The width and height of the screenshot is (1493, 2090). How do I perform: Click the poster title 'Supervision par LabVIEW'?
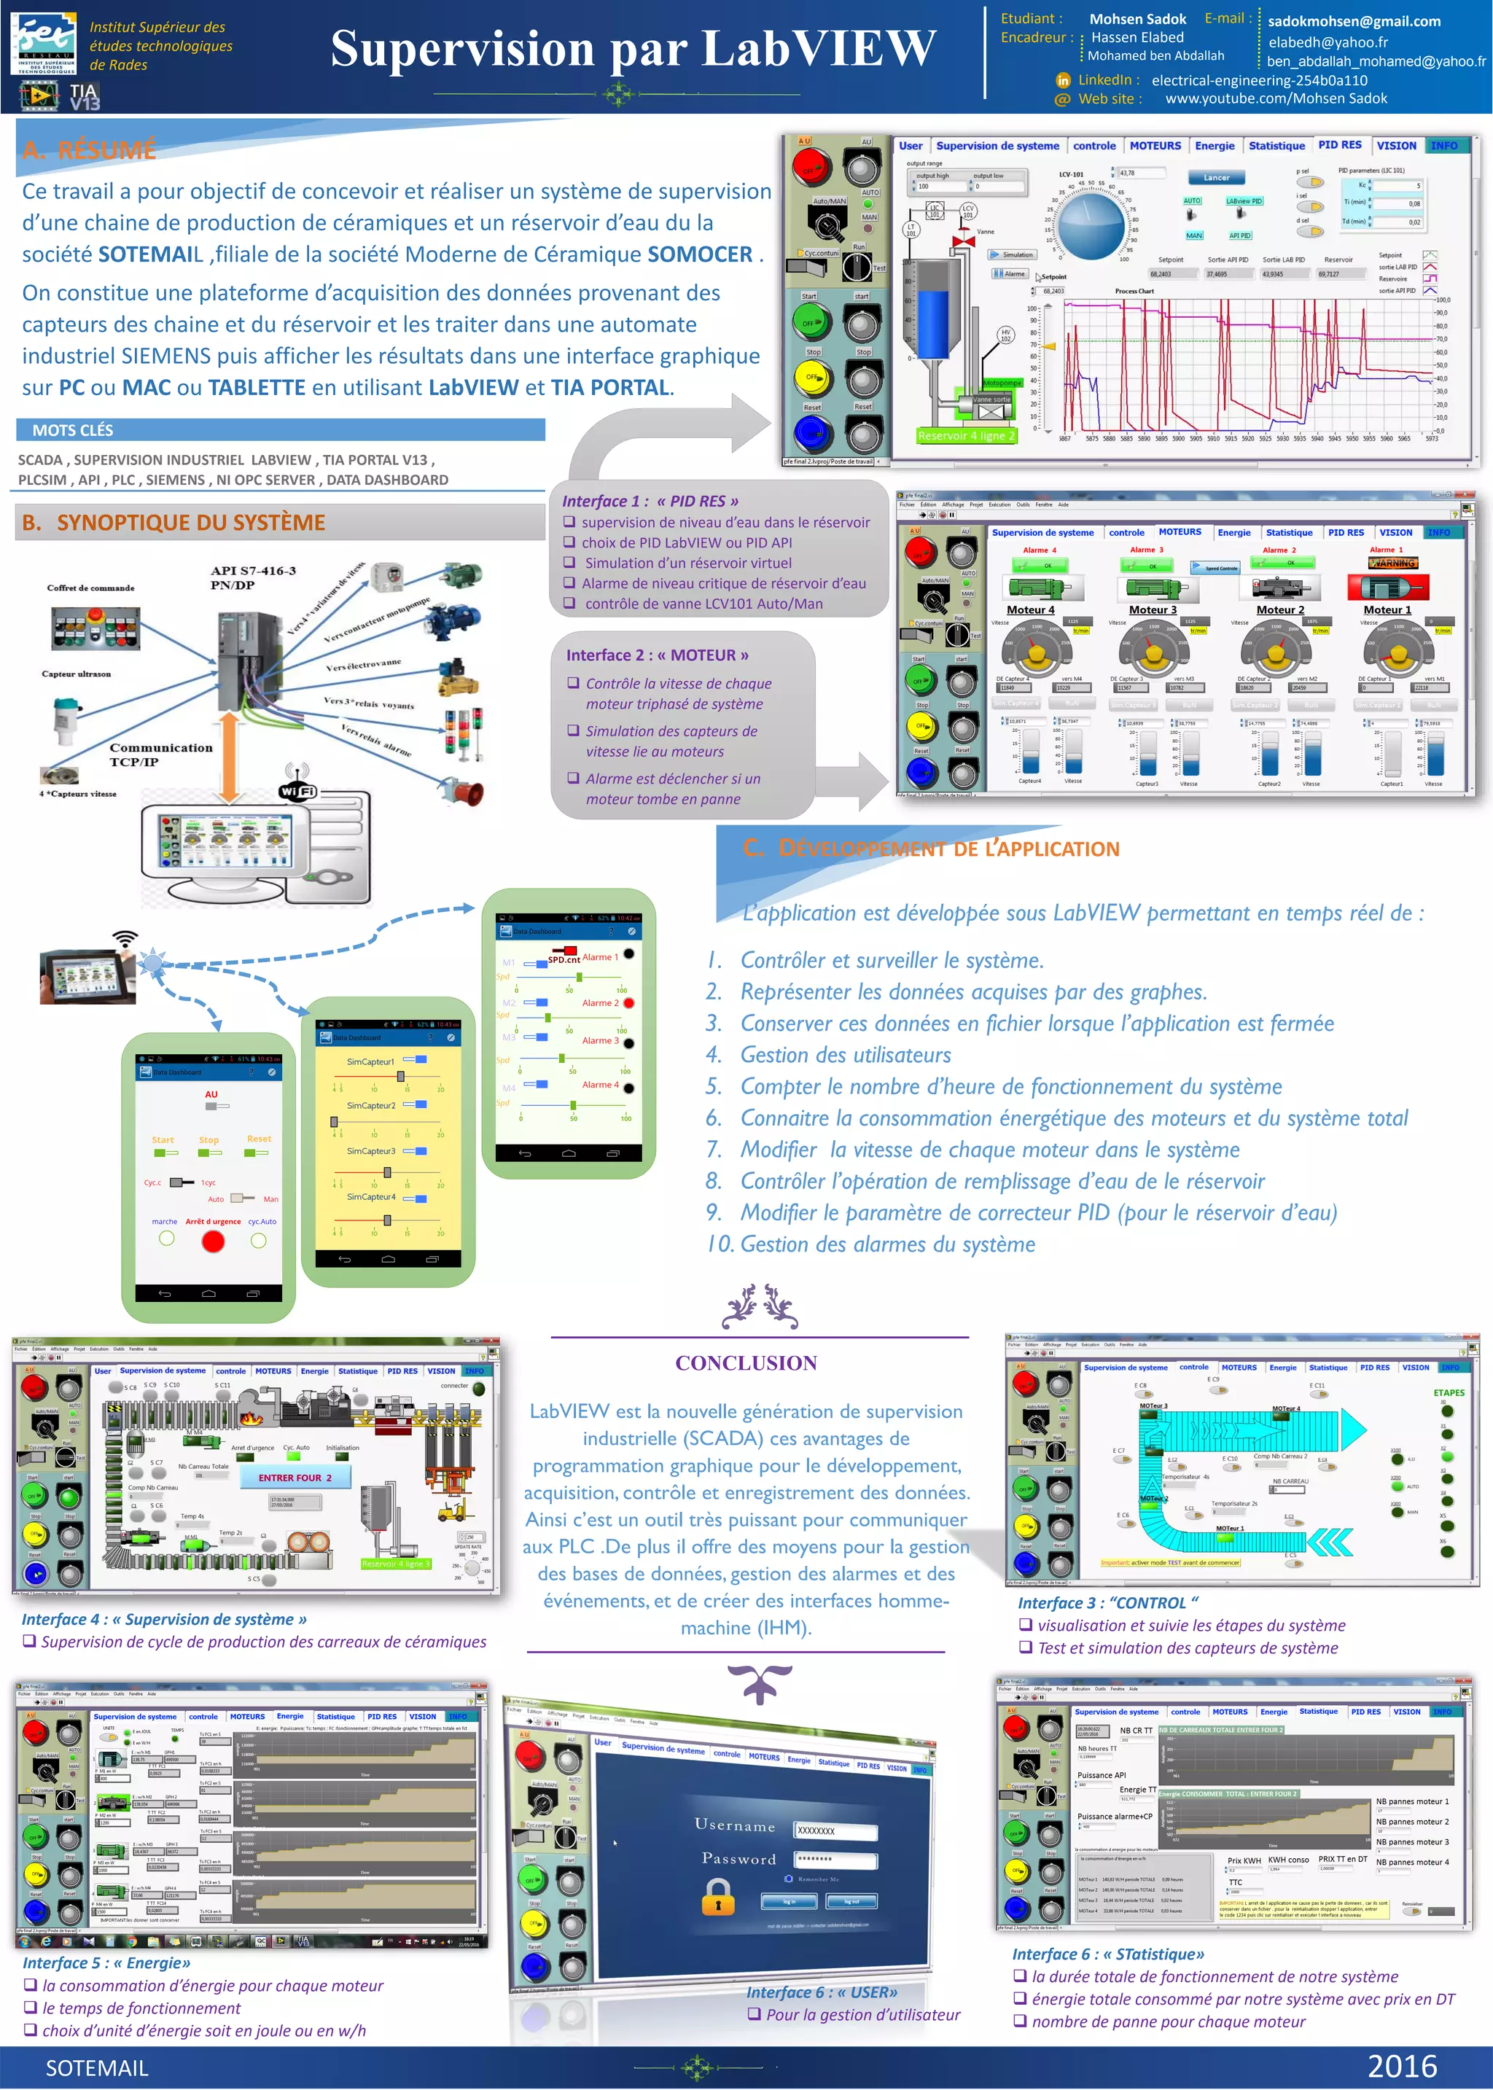(x=633, y=49)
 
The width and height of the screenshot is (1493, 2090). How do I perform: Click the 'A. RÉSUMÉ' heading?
(x=89, y=150)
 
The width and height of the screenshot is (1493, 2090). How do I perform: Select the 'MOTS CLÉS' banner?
(x=73, y=430)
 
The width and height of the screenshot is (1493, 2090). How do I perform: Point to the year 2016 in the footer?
(x=1401, y=2065)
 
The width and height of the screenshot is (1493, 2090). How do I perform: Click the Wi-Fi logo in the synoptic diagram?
(x=297, y=789)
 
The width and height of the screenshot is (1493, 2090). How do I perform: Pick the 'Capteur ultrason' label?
(x=77, y=674)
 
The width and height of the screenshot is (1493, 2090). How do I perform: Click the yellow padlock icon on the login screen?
(x=718, y=1895)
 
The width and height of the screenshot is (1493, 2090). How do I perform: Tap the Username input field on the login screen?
(x=835, y=1830)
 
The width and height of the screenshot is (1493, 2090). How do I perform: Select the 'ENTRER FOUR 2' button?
(x=295, y=1477)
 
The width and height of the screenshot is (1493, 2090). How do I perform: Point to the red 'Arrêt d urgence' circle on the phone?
(x=212, y=1241)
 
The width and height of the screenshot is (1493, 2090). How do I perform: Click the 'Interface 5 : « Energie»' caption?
(x=106, y=1962)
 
